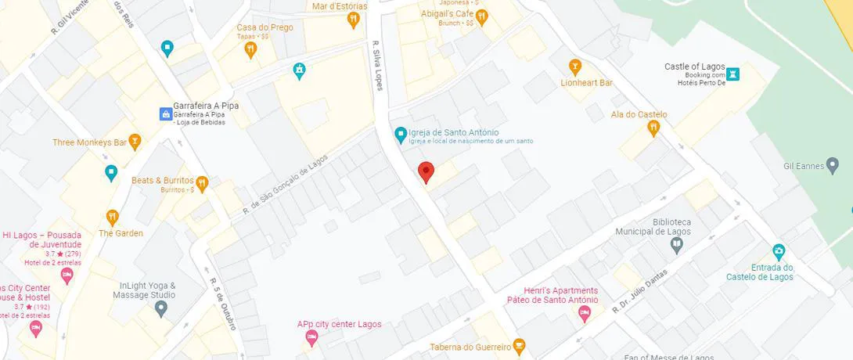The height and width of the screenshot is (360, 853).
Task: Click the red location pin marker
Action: (425, 171)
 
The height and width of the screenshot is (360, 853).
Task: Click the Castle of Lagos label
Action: (695, 67)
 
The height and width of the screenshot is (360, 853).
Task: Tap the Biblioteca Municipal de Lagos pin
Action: (677, 246)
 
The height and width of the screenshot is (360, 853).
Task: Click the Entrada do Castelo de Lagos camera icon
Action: (778, 252)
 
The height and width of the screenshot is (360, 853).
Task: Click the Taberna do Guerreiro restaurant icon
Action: (518, 346)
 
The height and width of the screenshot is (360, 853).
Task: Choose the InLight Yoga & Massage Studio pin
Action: (161, 308)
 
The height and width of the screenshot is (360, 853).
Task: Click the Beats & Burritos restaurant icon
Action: (202, 183)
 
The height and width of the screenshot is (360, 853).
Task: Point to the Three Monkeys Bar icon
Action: (135, 142)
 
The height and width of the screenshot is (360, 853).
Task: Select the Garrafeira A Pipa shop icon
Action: (166, 114)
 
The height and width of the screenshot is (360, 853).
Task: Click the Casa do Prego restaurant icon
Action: (250, 50)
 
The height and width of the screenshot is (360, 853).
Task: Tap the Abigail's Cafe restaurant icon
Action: (482, 16)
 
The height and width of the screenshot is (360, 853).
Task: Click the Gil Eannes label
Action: (804, 166)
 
